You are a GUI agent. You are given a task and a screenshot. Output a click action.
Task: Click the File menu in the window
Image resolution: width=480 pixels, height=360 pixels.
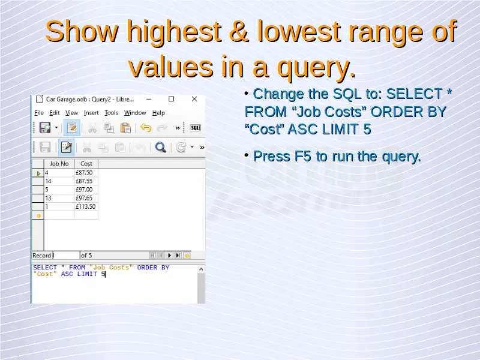[39, 113]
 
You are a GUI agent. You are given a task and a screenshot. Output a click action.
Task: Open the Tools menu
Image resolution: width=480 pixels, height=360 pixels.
[111, 113]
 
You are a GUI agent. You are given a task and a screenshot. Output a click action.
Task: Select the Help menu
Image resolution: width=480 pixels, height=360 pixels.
[158, 113]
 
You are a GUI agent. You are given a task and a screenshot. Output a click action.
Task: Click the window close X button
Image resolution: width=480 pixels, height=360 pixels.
[194, 99]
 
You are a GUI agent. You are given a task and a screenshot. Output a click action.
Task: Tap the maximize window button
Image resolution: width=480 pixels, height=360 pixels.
[172, 99]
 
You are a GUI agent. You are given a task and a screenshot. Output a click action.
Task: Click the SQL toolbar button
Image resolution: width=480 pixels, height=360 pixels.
[196, 128]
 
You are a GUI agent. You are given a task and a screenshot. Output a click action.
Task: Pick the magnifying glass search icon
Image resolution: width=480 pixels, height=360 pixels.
[160, 147]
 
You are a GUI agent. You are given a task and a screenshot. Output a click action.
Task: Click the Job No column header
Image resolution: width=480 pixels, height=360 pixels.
[59, 164]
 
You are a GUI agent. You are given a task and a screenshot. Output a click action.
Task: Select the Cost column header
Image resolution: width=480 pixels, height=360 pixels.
[86, 164]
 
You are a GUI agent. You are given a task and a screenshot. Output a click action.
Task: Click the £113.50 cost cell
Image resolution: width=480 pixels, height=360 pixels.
[86, 206]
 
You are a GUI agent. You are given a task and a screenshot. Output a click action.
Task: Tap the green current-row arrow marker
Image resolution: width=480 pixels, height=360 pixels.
[38, 173]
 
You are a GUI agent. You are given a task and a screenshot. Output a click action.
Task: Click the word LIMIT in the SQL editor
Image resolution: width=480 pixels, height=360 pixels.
[87, 274]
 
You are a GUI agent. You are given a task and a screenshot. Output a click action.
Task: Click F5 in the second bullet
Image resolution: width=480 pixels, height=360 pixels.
[302, 156]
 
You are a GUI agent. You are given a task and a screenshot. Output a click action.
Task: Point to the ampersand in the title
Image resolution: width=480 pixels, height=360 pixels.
[239, 31]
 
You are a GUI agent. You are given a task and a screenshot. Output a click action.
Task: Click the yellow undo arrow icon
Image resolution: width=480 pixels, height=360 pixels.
[146, 128]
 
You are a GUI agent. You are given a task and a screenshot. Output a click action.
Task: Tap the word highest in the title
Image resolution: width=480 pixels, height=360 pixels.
[174, 32]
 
